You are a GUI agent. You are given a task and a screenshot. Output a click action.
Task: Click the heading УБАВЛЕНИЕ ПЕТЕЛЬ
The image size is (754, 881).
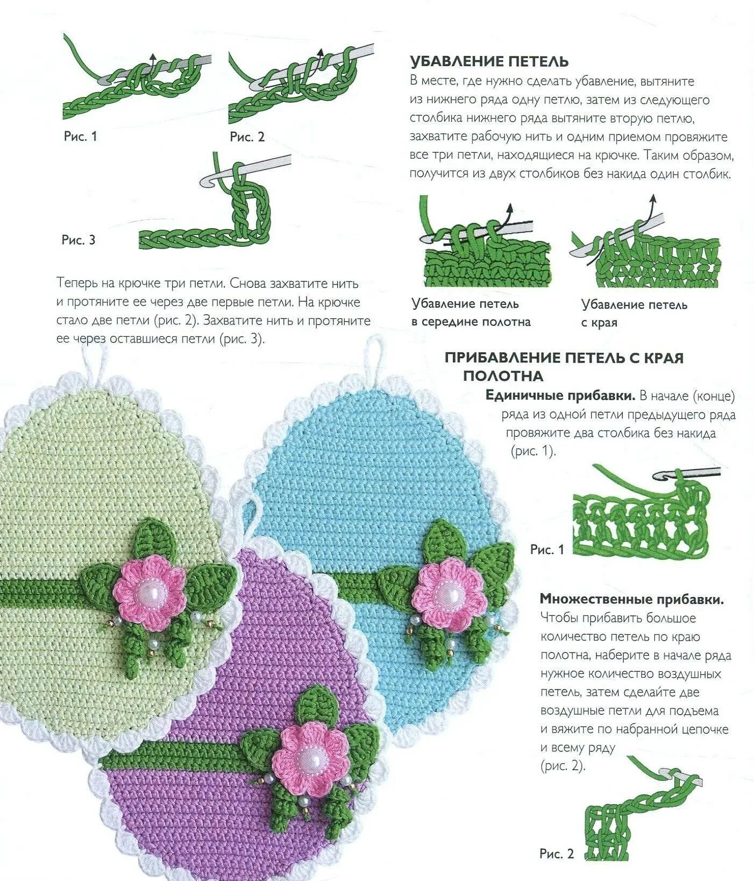tap(489, 61)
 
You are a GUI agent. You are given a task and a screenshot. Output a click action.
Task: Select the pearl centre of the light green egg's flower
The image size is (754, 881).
tap(149, 593)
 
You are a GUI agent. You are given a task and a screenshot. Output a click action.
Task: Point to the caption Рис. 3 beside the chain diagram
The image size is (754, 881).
tap(79, 240)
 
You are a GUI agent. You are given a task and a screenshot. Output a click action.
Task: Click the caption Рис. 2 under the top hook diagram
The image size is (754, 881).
tap(247, 137)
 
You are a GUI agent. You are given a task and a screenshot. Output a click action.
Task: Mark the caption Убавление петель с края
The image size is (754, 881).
tap(634, 314)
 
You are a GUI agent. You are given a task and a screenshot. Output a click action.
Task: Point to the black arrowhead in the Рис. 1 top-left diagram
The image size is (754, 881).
tap(153, 56)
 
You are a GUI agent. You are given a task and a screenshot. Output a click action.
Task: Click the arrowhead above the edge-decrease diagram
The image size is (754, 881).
tap(653, 198)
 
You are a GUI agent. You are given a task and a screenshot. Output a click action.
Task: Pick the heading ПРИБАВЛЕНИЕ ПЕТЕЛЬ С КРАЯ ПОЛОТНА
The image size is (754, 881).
tap(564, 366)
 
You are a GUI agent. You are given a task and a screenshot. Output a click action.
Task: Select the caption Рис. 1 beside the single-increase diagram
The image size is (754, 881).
tap(547, 549)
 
